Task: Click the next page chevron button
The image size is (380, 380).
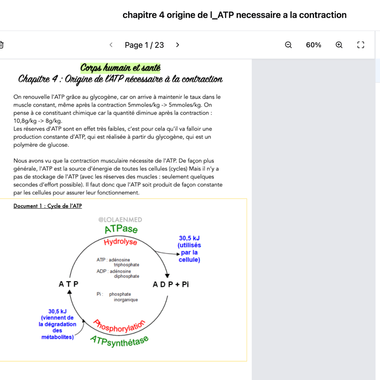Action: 178,45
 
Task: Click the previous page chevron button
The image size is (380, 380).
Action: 111,45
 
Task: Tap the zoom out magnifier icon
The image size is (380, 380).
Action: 288,45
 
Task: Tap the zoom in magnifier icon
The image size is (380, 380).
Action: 339,45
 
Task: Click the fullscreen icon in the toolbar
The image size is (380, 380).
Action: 361,45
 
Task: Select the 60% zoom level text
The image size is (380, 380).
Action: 313,45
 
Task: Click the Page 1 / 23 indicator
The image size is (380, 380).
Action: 144,45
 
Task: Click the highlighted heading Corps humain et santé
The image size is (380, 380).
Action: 120,67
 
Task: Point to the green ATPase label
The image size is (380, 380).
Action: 121,229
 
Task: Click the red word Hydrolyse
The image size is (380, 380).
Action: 120,242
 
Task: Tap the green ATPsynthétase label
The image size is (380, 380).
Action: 119,341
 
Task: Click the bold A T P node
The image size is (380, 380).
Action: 68,284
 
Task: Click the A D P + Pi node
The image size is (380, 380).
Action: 171,284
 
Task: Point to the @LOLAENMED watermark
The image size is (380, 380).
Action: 120,220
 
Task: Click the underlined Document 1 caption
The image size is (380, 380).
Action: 48,206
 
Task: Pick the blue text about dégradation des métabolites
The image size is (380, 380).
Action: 57,324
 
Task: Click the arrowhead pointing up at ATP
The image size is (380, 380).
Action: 70,292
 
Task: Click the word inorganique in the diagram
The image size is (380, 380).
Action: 126,300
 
